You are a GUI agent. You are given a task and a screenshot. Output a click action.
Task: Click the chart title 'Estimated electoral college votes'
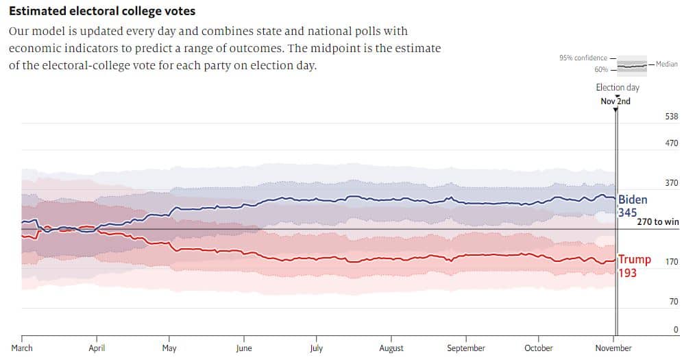pos(102,11)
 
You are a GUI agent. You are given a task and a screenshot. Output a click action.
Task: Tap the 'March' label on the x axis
pos(22,348)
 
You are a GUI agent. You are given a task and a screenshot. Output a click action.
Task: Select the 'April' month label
pos(97,348)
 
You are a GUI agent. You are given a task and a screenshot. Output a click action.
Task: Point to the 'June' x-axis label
pos(243,348)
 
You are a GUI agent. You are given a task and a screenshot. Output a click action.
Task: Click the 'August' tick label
pos(391,348)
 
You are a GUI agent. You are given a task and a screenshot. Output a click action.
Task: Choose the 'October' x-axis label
pos(539,348)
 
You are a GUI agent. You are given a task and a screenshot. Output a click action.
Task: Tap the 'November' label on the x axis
pos(614,348)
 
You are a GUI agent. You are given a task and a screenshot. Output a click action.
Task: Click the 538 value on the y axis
pos(671,117)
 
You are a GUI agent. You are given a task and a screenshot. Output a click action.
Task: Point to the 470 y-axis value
pos(671,143)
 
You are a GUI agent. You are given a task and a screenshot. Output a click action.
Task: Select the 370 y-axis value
pos(671,183)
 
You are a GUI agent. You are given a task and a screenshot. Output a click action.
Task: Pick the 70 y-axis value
pos(673,302)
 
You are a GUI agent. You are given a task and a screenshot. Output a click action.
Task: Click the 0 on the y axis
pos(675,330)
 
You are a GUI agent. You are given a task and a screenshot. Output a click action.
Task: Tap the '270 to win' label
pos(658,222)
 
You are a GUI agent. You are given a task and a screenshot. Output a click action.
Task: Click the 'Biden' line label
pos(633,200)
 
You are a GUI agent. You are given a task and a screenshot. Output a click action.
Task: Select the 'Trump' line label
pos(635,260)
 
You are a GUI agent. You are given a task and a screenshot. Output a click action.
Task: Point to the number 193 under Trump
pos(627,273)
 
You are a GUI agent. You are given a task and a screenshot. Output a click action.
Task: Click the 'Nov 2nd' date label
pos(615,101)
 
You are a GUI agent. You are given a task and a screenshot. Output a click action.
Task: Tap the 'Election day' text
pos(618,88)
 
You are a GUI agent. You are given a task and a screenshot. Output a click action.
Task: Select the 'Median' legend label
pos(667,64)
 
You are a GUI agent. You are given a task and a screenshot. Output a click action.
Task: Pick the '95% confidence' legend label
pos(583,58)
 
